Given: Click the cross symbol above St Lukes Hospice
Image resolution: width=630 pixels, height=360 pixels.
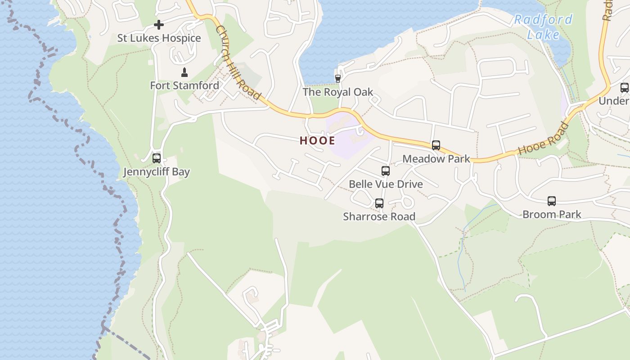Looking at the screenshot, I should point(159,25).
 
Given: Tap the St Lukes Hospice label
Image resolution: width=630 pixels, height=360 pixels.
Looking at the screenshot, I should point(159,38).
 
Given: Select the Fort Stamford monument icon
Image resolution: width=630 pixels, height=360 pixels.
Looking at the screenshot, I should point(184,72).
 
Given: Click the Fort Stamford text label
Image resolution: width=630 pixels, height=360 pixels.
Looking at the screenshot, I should point(184,85).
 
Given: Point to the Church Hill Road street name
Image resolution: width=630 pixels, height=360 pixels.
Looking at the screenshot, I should point(238,63).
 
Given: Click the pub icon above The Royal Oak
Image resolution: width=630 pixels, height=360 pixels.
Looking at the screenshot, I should point(337,78).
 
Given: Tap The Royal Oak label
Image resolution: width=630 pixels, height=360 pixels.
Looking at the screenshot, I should point(337,92).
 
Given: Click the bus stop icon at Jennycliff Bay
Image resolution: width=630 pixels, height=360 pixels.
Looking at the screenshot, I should point(157,158).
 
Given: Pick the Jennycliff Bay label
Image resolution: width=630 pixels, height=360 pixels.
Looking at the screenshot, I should point(157,172).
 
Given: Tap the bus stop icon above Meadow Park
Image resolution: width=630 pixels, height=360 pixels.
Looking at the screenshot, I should point(436,145).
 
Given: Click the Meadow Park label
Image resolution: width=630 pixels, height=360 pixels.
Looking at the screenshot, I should point(436,159).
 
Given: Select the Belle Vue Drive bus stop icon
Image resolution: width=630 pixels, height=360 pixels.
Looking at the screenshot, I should point(385,171).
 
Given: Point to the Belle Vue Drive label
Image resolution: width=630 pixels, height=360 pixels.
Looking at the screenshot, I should point(386,184).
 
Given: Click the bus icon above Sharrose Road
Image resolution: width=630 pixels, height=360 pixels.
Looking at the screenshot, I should point(379,203).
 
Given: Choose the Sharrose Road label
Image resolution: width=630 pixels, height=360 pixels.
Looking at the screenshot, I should point(379,217).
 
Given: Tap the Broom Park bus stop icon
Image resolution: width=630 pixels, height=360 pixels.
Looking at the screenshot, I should point(552,201).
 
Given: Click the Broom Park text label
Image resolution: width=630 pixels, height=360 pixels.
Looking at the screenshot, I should point(552,215).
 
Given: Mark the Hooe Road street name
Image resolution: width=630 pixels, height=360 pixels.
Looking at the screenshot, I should point(543,139).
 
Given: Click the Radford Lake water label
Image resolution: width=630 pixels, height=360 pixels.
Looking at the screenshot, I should point(543,27).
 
